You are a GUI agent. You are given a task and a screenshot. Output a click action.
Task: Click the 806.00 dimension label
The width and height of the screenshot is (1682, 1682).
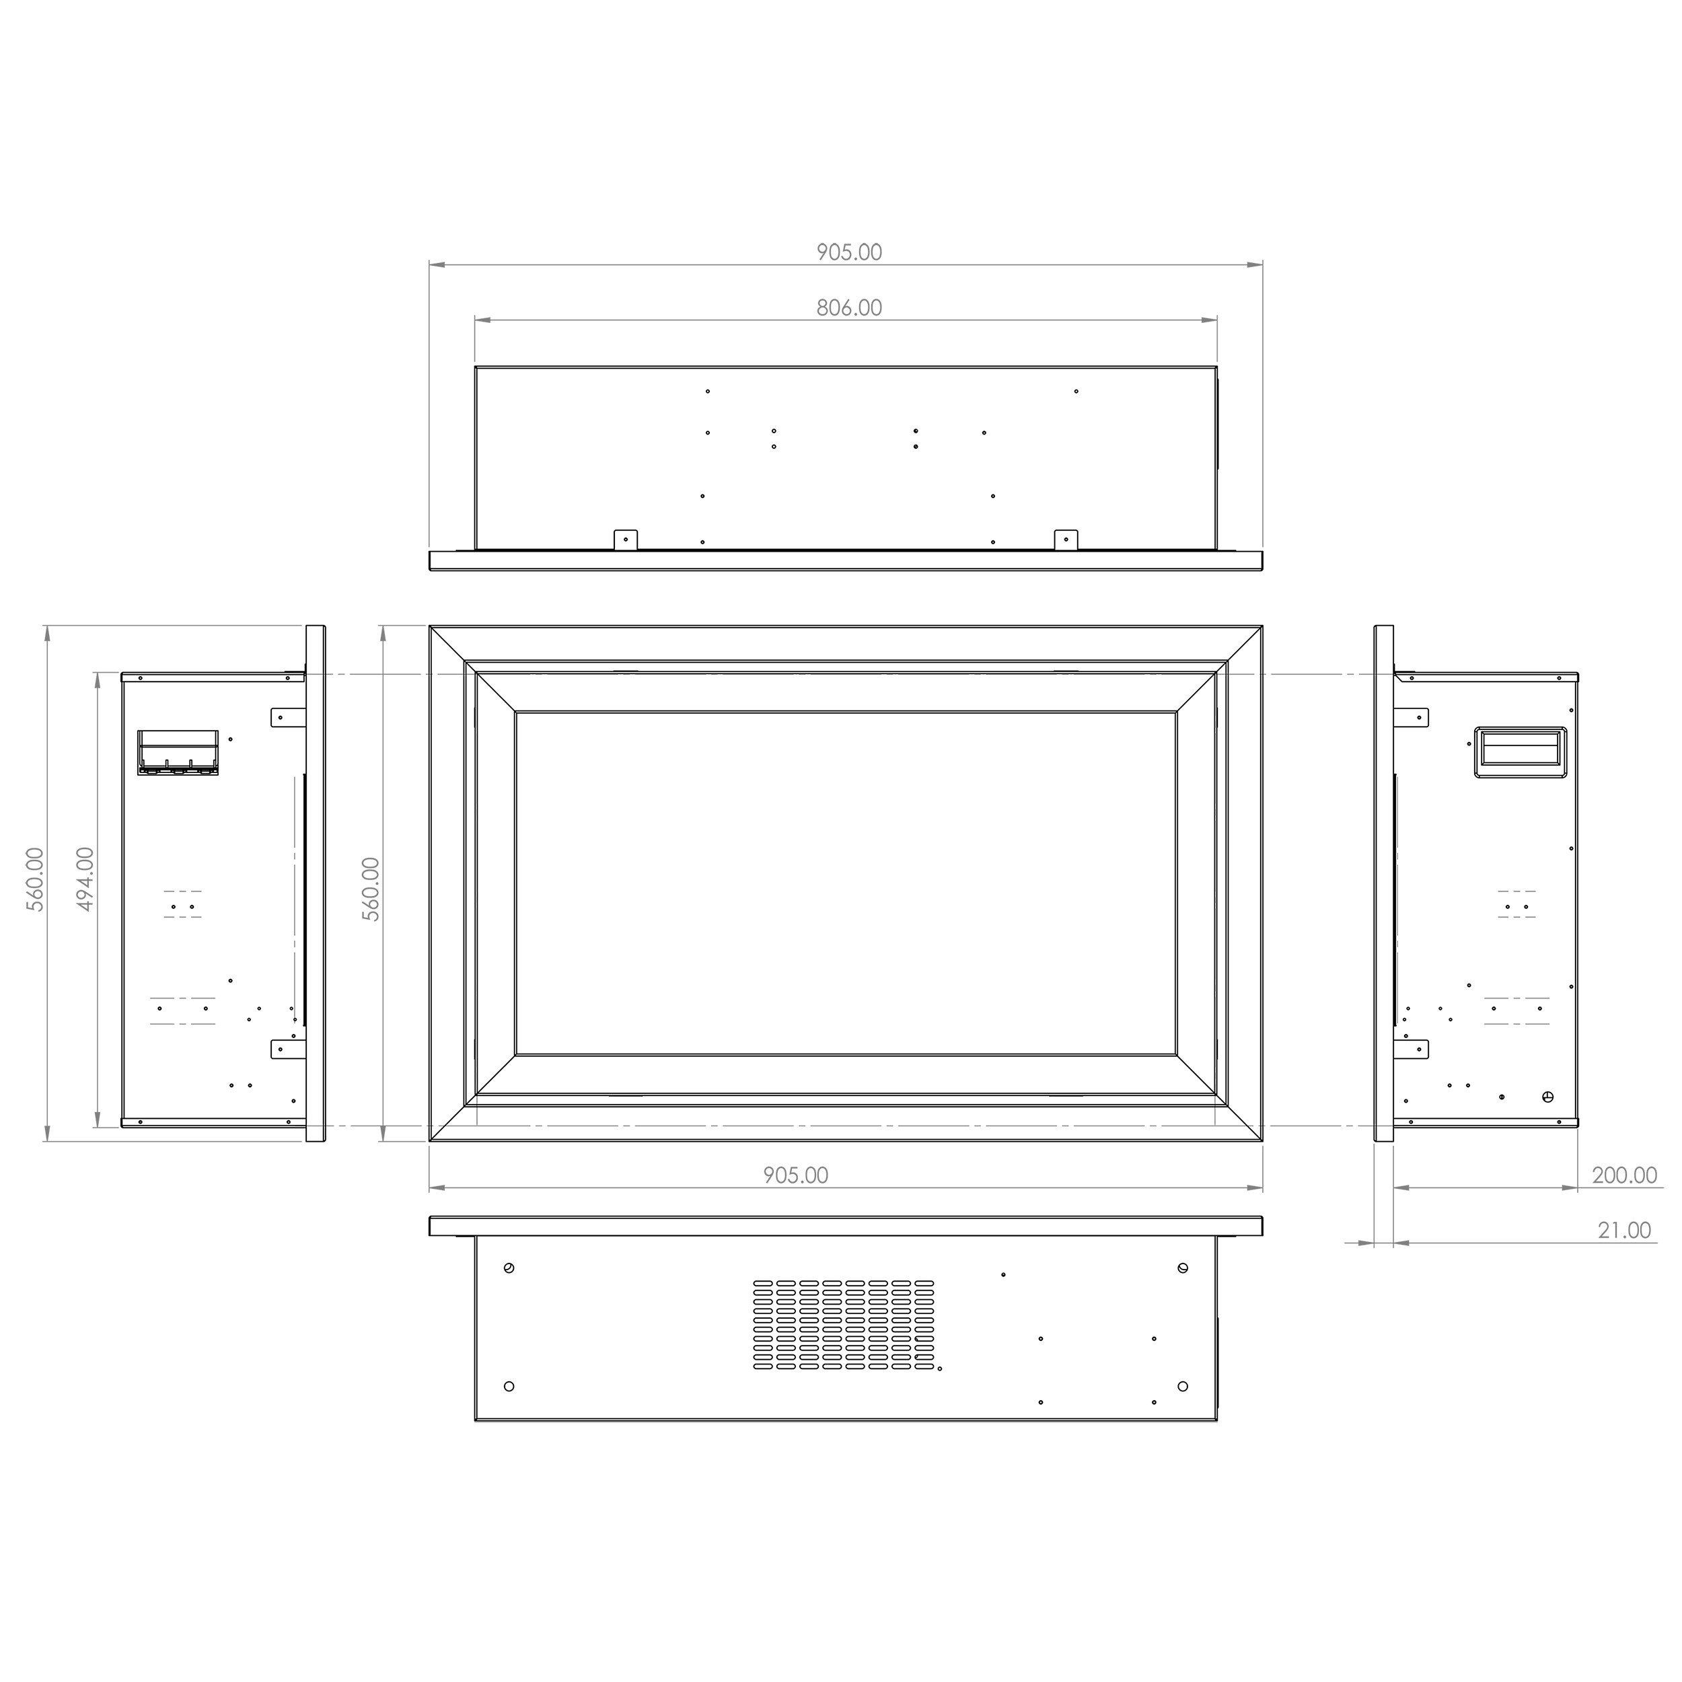pos(849,307)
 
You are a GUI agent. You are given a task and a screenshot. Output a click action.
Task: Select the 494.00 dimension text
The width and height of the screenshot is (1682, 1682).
pos(85,879)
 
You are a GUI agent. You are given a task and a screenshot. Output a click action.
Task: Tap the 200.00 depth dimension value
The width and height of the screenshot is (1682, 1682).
pos(1625,1175)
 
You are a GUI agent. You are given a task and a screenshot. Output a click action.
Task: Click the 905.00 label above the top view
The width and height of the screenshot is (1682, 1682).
pos(849,252)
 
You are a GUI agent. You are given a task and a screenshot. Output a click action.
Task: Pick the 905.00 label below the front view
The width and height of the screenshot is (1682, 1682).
pos(796,1175)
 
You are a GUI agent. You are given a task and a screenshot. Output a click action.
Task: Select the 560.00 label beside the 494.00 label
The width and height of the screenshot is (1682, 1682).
pos(35,879)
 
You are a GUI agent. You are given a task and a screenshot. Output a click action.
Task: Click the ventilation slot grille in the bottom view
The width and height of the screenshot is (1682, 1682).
pos(844,1324)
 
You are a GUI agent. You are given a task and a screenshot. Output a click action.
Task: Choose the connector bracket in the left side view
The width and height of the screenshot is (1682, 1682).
pos(178,752)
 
